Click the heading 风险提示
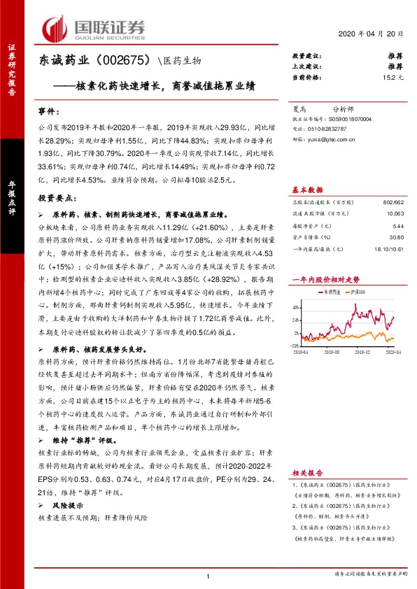pos(69,504)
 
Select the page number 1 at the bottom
pos(208,576)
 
